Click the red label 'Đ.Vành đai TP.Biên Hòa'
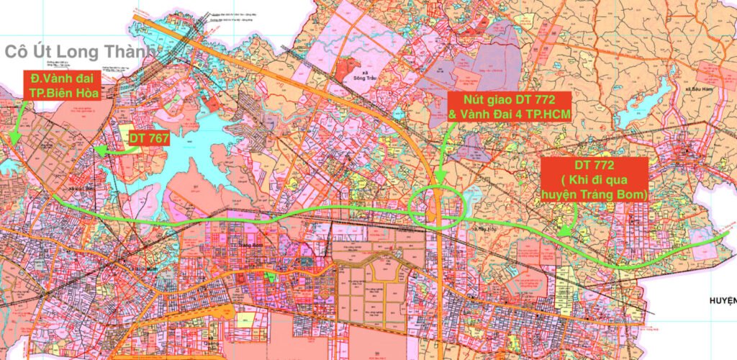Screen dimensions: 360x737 pos(63,84)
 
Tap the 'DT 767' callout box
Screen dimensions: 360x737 pos(148,138)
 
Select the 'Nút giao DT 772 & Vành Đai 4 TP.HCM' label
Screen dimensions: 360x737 pos(508,106)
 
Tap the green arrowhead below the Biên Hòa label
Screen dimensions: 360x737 pos(12,139)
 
